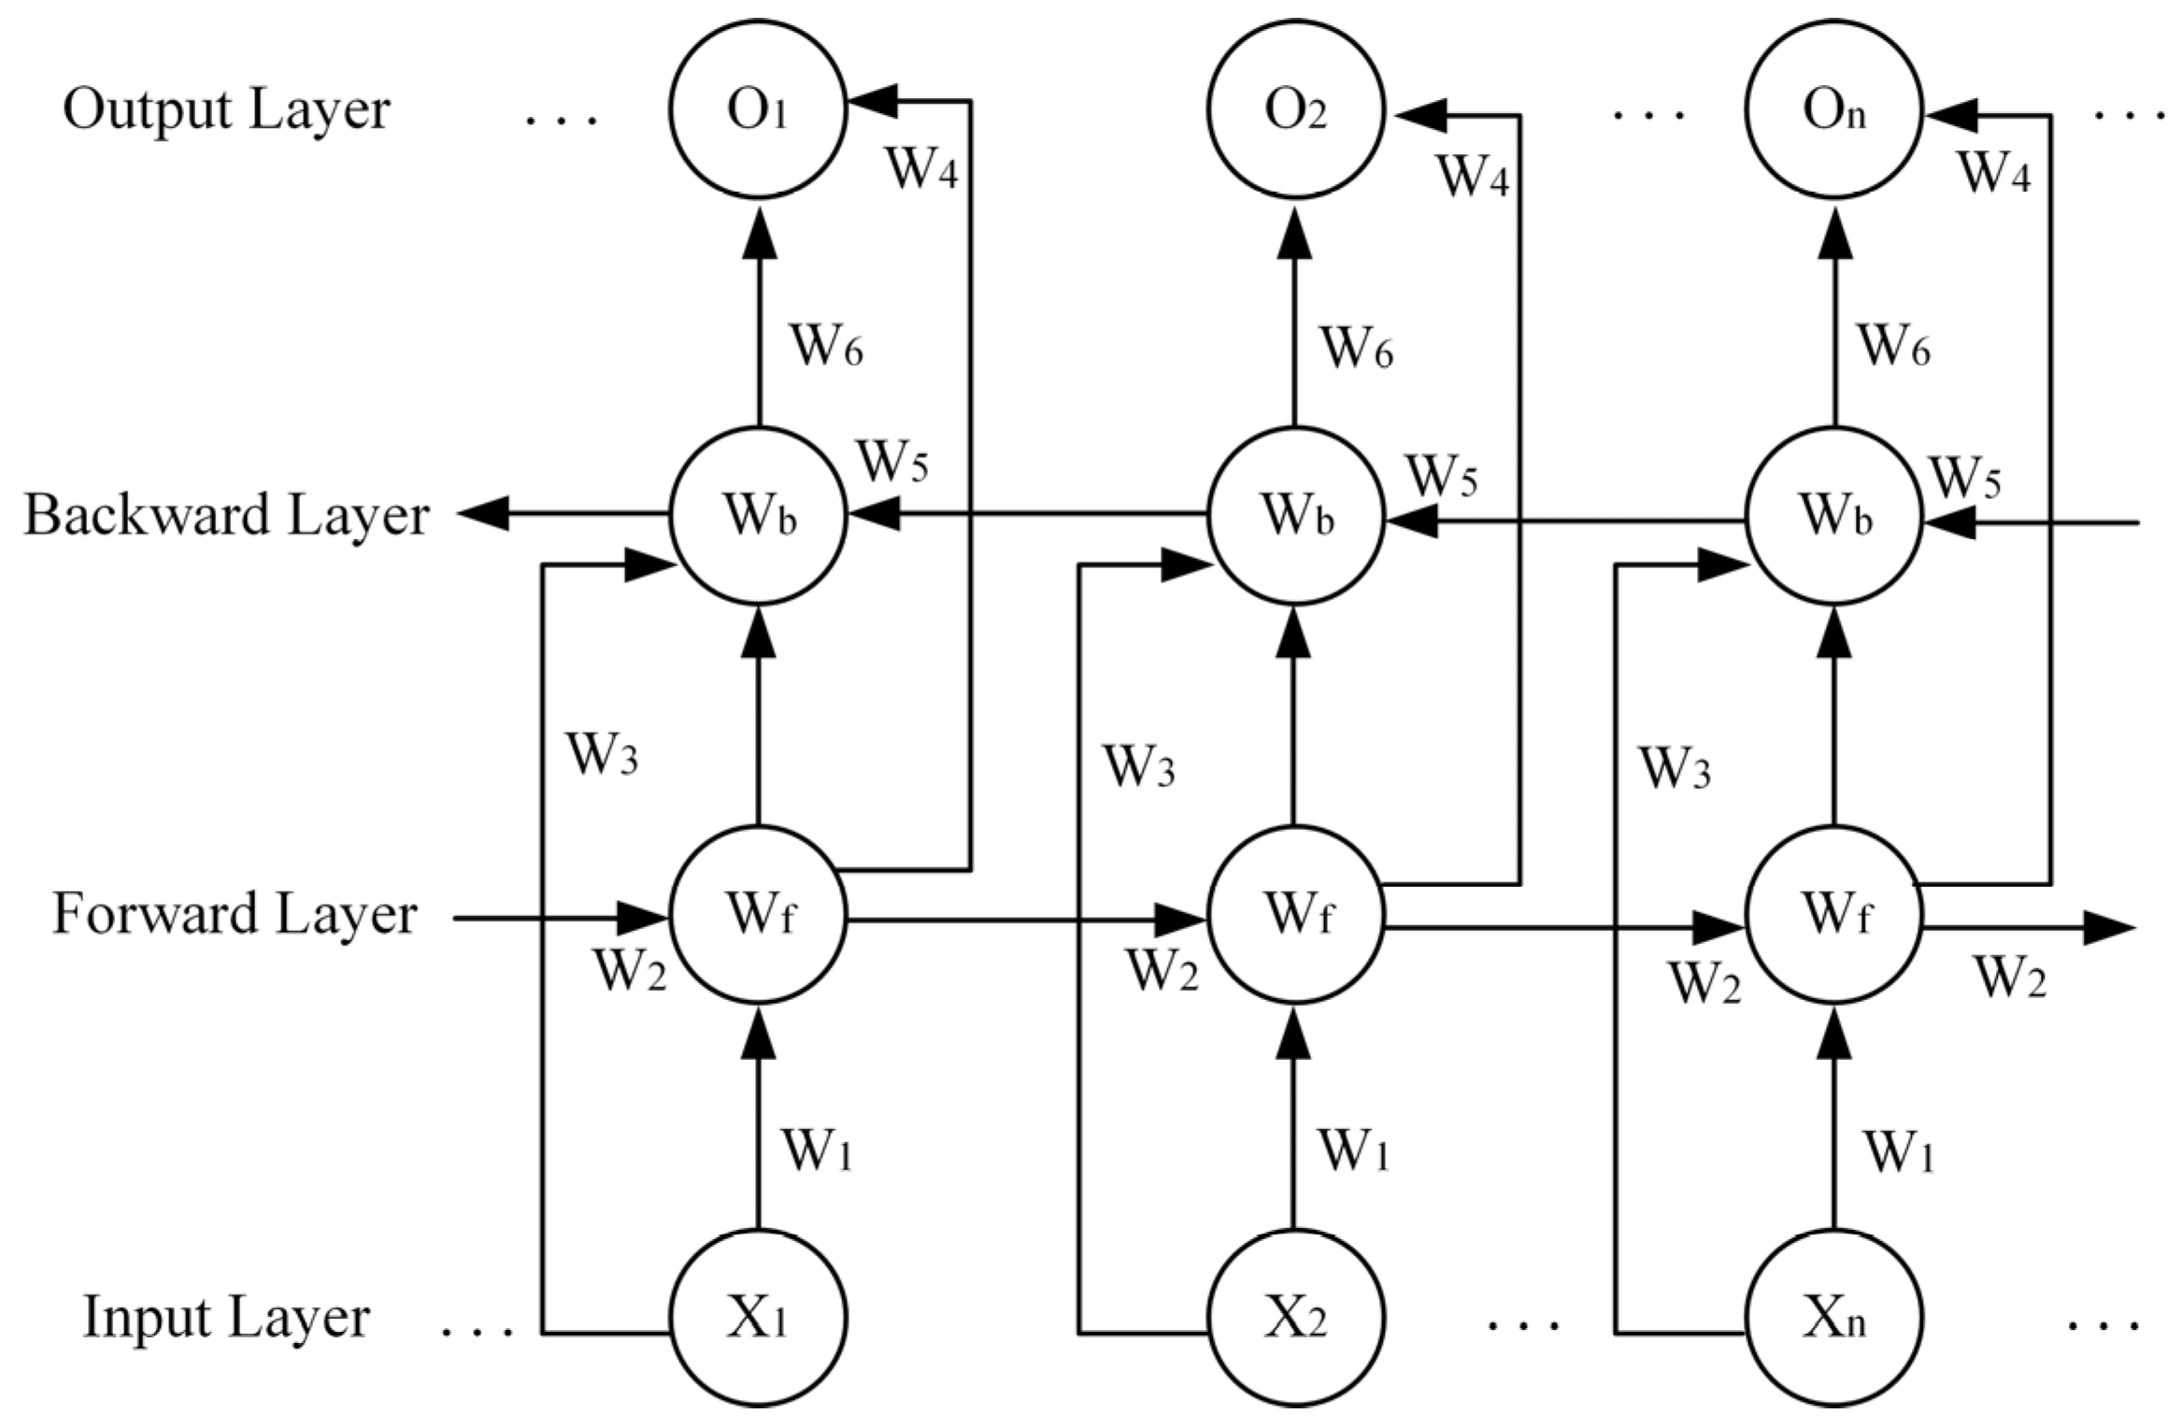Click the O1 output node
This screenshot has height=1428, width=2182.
(x=758, y=110)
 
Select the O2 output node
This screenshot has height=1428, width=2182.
(x=1295, y=110)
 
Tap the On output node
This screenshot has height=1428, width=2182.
(x=1833, y=110)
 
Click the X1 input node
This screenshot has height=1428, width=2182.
(x=758, y=1318)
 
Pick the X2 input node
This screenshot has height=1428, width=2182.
(x=1295, y=1318)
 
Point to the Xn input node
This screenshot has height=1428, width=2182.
(x=1833, y=1318)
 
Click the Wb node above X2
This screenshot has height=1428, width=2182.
(x=1295, y=515)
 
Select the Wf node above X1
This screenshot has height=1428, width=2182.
(x=758, y=914)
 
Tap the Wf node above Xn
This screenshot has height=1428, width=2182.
(x=1833, y=914)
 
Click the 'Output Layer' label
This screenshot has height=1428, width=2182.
(x=226, y=110)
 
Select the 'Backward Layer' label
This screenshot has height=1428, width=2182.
(x=226, y=515)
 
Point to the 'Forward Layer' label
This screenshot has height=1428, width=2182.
(x=234, y=914)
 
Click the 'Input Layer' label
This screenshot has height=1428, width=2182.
(x=226, y=1318)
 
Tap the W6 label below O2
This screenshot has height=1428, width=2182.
(x=1357, y=349)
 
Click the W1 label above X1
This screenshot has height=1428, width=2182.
(x=818, y=1151)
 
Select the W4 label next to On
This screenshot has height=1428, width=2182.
(x=1994, y=173)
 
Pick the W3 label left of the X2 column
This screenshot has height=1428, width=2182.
(x=1139, y=768)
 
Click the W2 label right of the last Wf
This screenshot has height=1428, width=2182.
(x=2010, y=978)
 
